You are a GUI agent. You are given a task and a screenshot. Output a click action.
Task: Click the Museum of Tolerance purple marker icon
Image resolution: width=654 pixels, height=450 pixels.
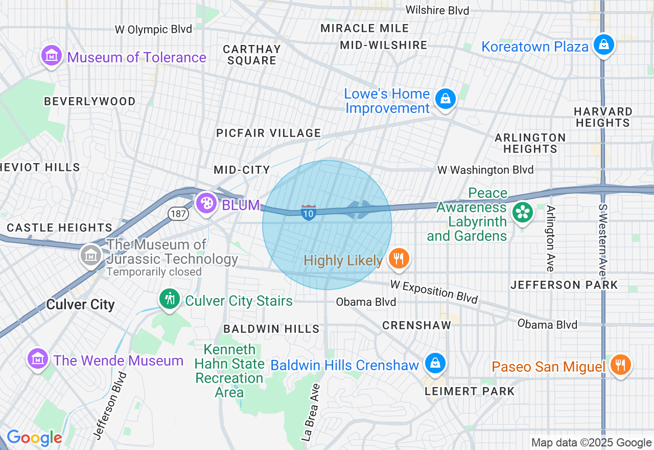click(51, 56)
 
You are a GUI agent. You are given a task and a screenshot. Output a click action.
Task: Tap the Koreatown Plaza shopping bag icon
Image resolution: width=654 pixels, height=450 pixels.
click(604, 45)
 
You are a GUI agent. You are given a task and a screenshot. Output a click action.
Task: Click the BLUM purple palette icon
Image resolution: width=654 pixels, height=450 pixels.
click(206, 203)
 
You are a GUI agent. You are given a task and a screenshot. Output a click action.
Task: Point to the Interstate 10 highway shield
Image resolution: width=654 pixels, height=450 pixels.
click(308, 212)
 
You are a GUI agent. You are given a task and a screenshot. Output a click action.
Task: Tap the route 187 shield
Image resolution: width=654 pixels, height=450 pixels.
click(178, 213)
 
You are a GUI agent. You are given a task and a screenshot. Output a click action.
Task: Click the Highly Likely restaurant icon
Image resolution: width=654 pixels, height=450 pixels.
click(399, 259)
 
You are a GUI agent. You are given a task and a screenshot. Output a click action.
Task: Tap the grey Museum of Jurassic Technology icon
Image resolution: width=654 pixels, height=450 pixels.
click(91, 254)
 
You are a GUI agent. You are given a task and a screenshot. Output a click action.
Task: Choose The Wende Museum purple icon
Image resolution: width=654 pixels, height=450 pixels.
click(38, 359)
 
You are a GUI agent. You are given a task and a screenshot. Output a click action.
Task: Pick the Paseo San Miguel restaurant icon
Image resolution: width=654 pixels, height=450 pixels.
click(621, 365)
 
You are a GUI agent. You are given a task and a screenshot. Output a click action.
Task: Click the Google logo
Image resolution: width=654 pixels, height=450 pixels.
click(34, 438)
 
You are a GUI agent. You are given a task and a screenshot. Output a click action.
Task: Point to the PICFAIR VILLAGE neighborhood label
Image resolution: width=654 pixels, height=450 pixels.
click(269, 133)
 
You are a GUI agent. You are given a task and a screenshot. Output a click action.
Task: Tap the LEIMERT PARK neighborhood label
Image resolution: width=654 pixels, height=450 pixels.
click(470, 391)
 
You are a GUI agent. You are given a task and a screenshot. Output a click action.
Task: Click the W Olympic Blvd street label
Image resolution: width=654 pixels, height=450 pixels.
click(153, 29)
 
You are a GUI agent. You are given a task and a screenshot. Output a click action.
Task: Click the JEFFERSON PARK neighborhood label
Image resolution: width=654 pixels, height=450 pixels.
click(564, 285)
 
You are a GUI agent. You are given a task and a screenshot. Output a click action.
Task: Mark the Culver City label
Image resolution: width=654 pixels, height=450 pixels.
click(80, 304)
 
